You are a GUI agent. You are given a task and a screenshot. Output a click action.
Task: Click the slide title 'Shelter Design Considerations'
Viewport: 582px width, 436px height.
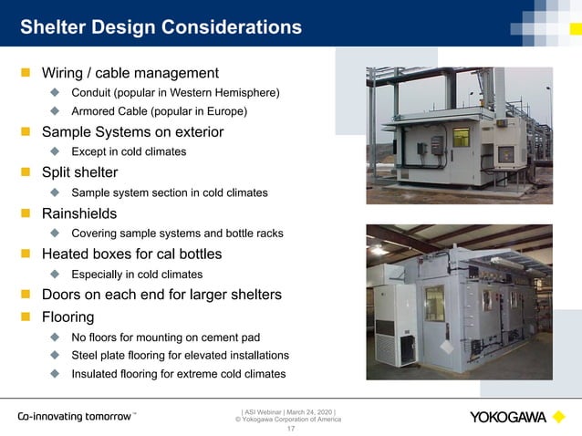pos(161,27)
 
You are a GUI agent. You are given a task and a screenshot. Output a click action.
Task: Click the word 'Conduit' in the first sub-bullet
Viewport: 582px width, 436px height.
pos(93,92)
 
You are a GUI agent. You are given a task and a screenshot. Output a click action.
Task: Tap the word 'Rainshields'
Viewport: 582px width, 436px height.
pos(79,213)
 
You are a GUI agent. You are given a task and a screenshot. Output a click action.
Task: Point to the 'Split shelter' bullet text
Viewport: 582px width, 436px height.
pos(79,172)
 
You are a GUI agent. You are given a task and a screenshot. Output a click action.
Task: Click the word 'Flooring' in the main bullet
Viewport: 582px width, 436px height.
pos(68,317)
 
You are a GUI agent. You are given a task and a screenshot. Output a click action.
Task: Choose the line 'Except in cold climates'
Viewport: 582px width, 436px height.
pos(129,152)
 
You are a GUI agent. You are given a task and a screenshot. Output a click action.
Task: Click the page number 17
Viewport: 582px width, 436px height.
pos(291,428)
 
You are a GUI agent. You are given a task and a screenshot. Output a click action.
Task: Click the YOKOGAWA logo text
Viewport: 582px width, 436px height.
pos(508,417)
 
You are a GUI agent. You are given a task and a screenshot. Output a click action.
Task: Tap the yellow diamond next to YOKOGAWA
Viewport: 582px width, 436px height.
pos(558,417)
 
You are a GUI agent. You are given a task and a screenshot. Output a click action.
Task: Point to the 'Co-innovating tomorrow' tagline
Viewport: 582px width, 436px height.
pos(75,416)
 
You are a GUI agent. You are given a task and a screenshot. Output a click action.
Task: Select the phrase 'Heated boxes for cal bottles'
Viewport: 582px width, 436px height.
pos(131,254)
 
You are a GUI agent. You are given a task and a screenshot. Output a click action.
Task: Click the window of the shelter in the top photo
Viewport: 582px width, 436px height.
pos(461,138)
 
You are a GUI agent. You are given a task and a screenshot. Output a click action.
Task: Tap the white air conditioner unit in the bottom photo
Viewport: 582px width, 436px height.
pos(389,325)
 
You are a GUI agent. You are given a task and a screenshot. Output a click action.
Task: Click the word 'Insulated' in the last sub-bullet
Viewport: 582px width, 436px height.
pos(96,374)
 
